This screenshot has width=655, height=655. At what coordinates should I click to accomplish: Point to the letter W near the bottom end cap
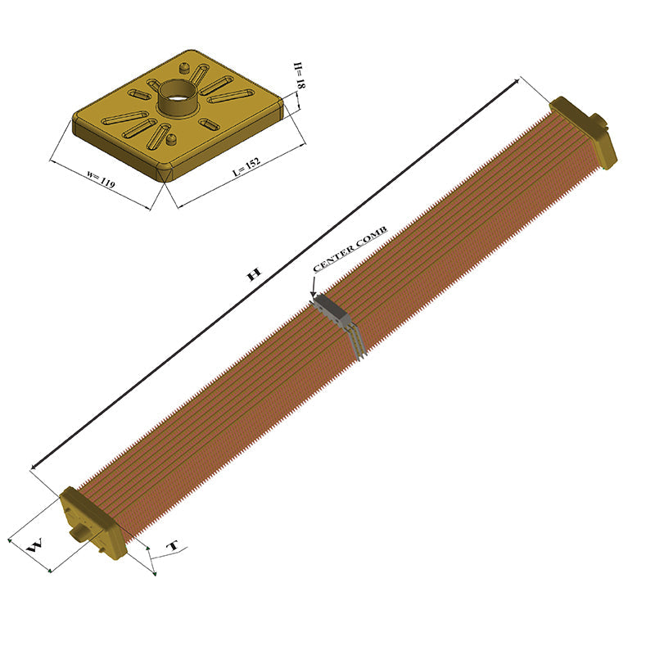[35, 548]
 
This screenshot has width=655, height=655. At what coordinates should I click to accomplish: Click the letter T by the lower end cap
[172, 546]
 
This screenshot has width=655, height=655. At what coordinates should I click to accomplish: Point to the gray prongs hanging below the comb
[357, 345]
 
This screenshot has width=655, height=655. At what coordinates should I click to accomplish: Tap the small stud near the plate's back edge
[184, 66]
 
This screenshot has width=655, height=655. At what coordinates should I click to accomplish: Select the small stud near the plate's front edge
[171, 140]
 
